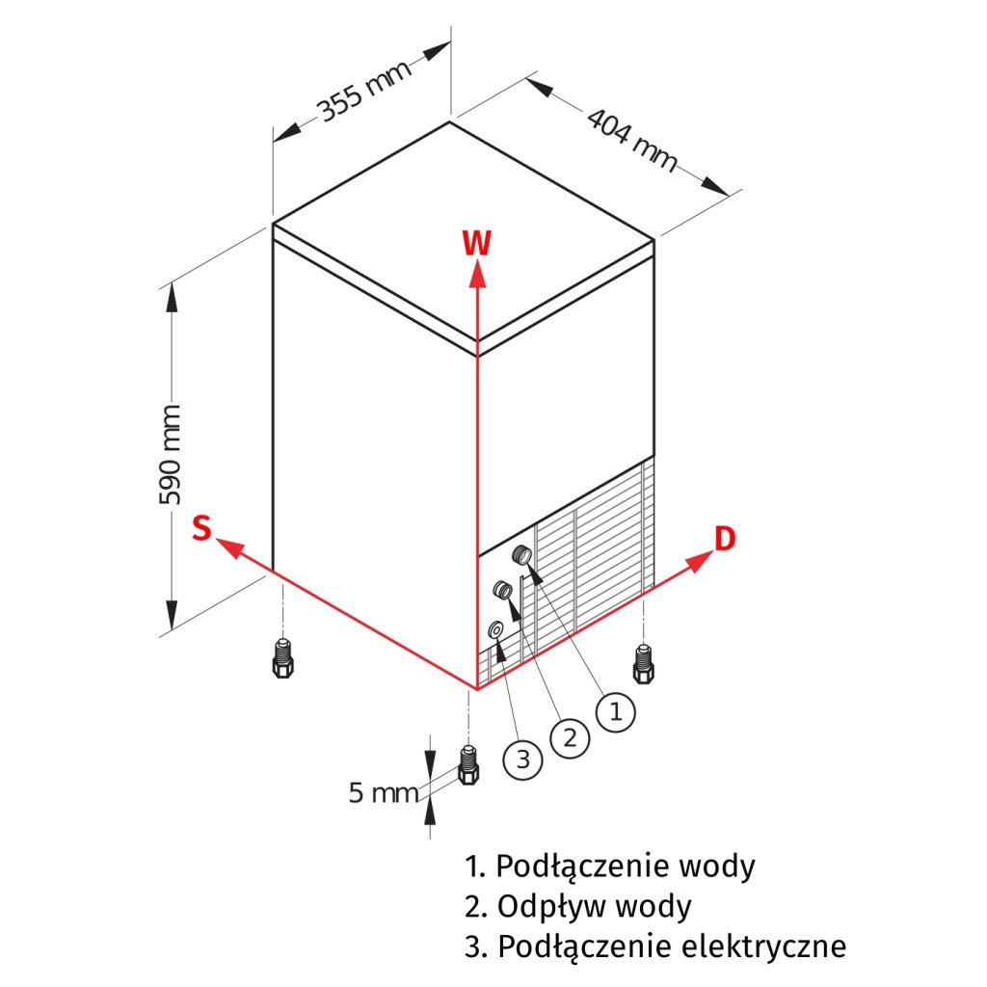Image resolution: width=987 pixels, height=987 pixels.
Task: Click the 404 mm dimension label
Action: point(632,141)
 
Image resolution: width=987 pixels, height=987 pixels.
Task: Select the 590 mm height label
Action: point(171,456)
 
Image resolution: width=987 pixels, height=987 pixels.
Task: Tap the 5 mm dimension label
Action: point(384,793)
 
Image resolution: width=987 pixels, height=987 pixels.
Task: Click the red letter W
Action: point(476,244)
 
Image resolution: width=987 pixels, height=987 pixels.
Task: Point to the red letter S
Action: point(201,528)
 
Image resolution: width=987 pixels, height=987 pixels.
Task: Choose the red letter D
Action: point(725,539)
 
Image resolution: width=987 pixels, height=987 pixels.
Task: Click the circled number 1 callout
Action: point(616,712)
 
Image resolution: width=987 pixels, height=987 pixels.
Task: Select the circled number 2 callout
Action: point(570,737)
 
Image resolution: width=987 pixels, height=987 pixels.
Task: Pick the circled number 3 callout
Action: point(522,760)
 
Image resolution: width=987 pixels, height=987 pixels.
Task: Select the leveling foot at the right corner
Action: point(643,661)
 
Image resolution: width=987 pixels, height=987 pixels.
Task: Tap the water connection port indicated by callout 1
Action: point(521,553)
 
